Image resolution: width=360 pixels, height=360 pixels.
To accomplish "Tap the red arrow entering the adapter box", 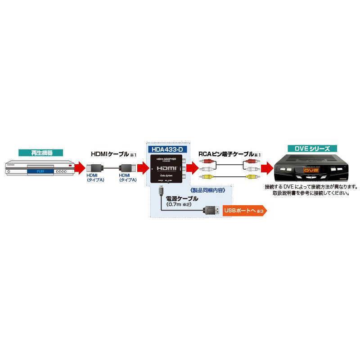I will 142,169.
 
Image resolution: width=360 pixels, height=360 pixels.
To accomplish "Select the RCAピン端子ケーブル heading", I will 226,154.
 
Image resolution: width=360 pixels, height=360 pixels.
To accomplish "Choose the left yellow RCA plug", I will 207,177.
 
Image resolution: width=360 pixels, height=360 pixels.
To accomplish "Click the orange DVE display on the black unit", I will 310,171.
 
